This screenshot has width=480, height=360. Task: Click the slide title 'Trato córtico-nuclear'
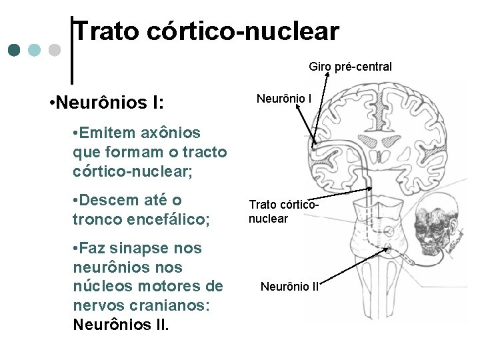(x=207, y=31)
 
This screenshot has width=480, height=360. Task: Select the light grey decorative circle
(x=55, y=50)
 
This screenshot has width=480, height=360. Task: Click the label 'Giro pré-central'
(x=350, y=67)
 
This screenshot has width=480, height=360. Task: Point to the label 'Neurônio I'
(x=284, y=99)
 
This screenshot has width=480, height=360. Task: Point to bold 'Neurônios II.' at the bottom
(x=121, y=325)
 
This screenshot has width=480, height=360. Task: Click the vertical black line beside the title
(x=71, y=50)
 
